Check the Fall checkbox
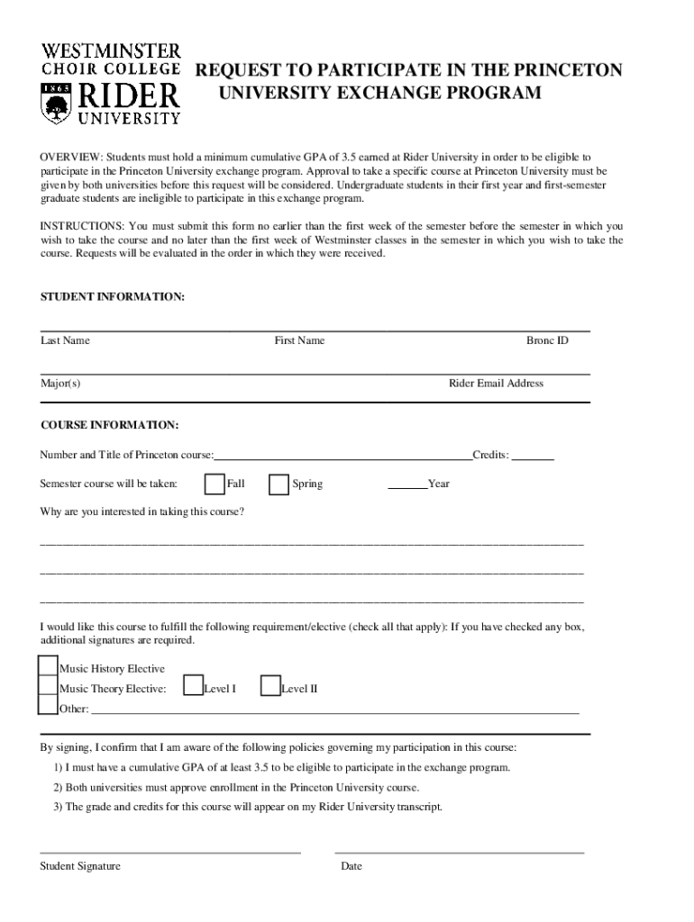click(215, 484)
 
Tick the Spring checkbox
click(279, 484)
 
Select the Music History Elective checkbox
click(48, 666)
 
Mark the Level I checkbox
click(192, 687)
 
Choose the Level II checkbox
click(269, 687)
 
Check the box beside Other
click(48, 706)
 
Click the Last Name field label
click(65, 340)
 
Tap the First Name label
click(299, 340)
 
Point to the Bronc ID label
click(547, 340)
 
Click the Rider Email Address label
click(496, 383)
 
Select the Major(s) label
click(60, 383)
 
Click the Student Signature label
click(80, 866)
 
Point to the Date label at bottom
click(352, 866)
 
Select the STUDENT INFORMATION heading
click(113, 296)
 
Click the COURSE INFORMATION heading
click(109, 425)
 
